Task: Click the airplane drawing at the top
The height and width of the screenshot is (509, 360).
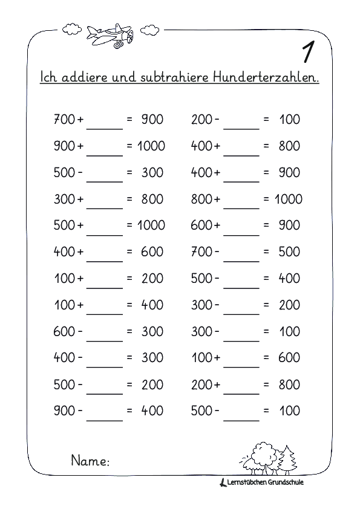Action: (110, 34)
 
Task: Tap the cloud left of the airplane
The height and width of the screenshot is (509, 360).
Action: (71, 28)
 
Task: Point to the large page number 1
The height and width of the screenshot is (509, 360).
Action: (308, 53)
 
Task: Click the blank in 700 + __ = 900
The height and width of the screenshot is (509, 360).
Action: (105, 121)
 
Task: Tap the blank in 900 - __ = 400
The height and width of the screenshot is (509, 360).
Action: (105, 412)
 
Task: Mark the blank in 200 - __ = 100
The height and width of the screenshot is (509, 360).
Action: (241, 121)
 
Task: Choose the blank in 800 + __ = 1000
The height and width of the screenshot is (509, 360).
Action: (241, 200)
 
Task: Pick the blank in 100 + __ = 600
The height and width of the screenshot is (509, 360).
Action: (241, 359)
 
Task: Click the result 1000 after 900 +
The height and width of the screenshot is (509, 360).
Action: (151, 146)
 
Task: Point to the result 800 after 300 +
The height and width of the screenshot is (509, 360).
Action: (152, 199)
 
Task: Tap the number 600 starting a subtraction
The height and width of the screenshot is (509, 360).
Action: (64, 331)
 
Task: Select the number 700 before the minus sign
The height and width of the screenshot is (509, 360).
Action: (201, 251)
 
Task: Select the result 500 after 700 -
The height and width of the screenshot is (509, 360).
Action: (289, 251)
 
